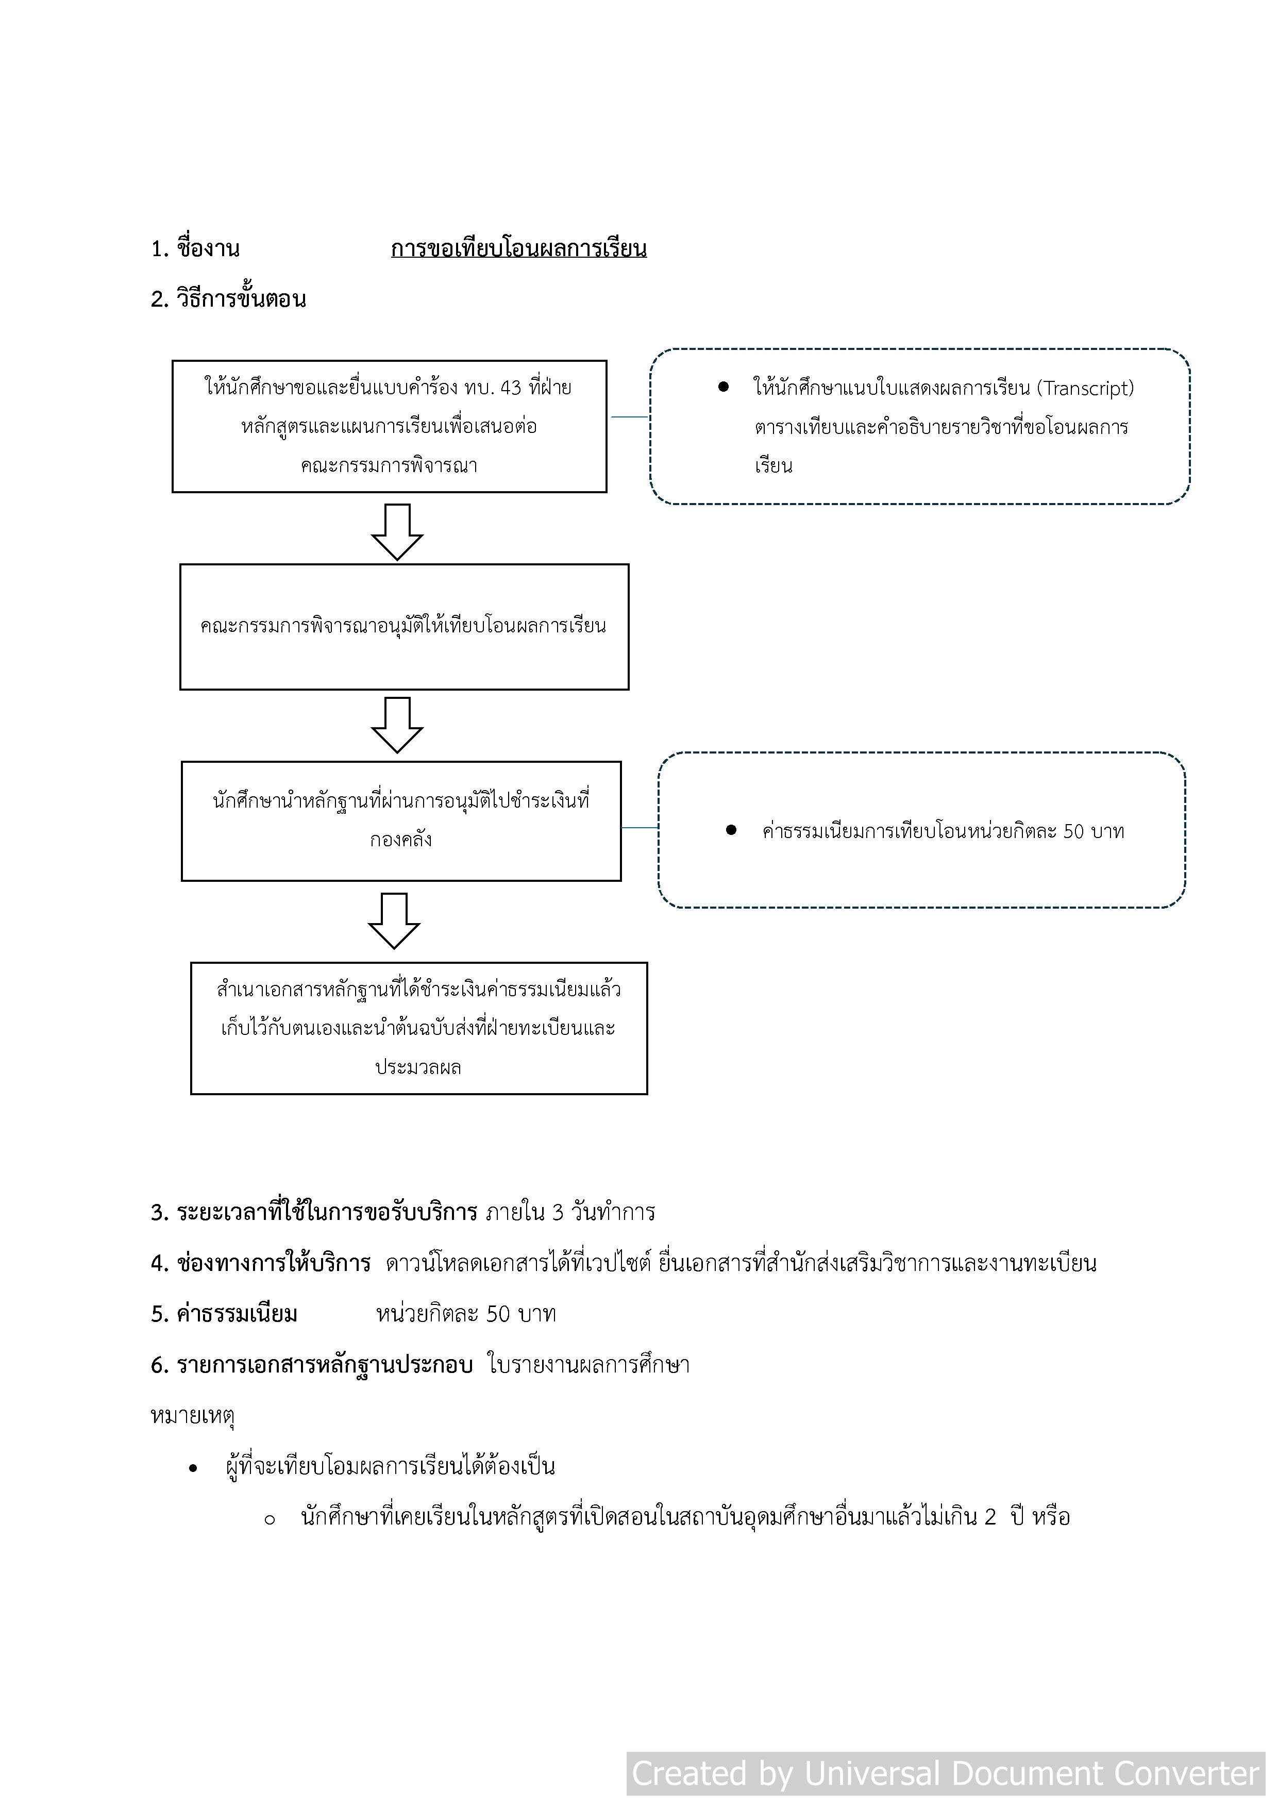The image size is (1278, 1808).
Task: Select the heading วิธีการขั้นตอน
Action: (x=241, y=299)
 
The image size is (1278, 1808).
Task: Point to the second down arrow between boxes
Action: (x=397, y=725)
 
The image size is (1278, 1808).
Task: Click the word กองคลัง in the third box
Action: (x=401, y=840)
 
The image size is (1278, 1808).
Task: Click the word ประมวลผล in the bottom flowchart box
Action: (x=418, y=1068)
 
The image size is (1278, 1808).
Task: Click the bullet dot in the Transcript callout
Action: (x=723, y=387)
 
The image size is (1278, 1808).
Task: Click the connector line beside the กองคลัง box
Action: (x=640, y=828)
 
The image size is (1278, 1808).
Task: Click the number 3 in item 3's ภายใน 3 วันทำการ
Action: (x=558, y=1212)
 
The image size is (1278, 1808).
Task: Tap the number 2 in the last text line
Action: (x=990, y=1517)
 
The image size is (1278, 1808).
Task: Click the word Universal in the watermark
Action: (x=872, y=1773)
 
